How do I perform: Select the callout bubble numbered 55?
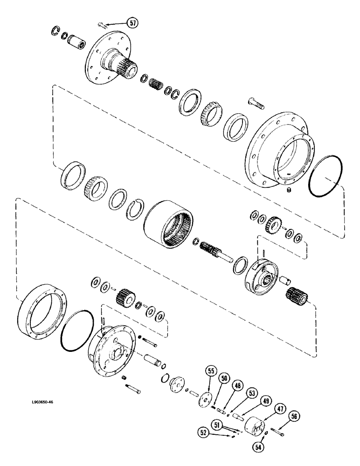pyautogui.click(x=211, y=371)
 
